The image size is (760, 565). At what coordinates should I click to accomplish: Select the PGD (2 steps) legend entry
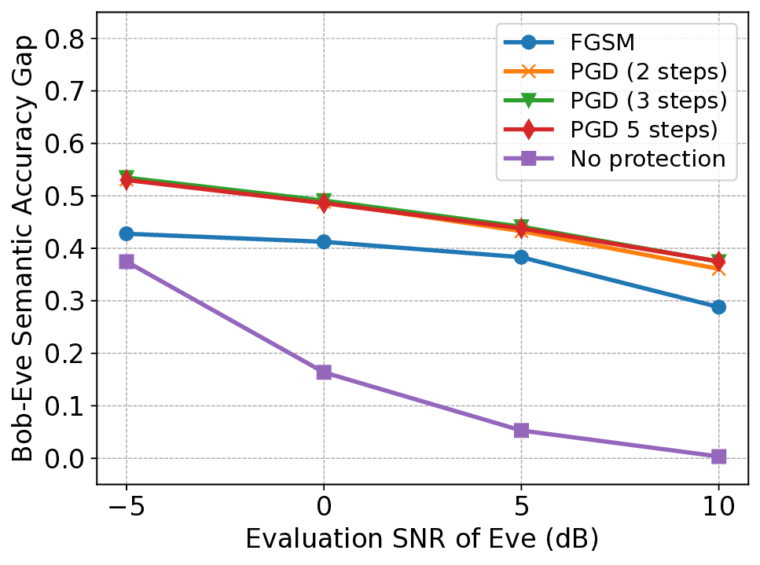644,71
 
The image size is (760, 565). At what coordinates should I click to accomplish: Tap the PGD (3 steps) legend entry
644,101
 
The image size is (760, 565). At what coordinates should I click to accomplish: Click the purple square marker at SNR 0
324,372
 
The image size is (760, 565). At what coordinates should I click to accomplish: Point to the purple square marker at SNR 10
718,457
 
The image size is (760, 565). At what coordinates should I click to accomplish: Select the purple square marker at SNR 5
521,431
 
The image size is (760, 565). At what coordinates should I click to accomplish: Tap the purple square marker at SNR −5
127,262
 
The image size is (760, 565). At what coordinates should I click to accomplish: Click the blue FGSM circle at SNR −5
127,234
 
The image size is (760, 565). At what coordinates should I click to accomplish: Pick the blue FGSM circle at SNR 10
718,307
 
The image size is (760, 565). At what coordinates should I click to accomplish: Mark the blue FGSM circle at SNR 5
521,257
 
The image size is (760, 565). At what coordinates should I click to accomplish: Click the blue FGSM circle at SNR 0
324,242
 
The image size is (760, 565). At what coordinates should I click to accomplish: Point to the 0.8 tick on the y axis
67,39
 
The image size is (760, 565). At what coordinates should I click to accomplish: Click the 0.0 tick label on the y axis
67,458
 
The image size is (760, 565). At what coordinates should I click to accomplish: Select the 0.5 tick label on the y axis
67,196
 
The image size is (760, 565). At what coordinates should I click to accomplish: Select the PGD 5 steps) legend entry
644,130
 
